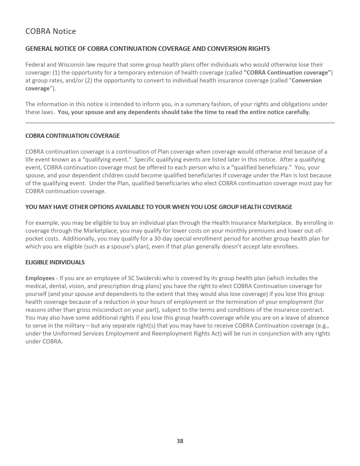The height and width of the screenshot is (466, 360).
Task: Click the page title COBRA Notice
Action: point(51,31)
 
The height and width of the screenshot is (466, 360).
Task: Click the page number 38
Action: point(180,441)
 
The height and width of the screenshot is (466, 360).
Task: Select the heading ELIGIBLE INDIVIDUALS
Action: point(55,262)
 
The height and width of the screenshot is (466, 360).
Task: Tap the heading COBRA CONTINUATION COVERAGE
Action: point(73,136)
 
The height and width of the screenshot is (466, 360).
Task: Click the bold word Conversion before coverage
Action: point(307,80)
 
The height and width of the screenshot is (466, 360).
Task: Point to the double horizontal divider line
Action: point(180,123)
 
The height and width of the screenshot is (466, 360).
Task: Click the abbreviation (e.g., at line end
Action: point(322,325)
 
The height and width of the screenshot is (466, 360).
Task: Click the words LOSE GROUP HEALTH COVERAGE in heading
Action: point(241,207)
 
